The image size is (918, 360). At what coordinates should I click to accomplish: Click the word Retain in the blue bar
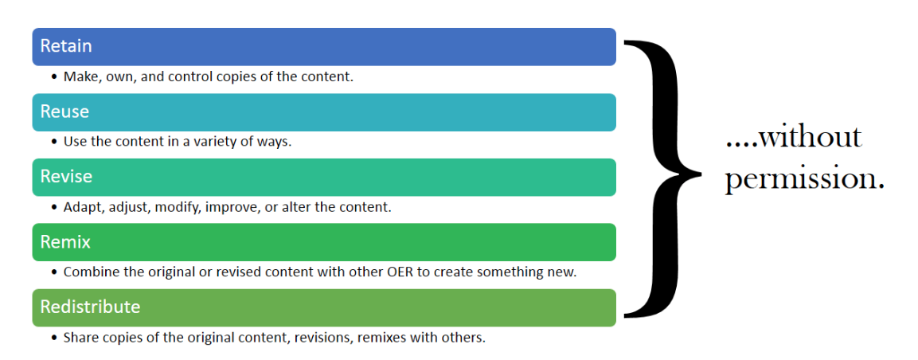coord(66,46)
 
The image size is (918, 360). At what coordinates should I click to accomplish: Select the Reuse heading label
coord(64,112)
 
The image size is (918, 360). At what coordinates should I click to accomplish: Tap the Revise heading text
coord(66,176)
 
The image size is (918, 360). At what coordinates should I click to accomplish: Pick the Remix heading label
coord(65,241)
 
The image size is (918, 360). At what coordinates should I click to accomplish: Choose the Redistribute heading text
coord(90,306)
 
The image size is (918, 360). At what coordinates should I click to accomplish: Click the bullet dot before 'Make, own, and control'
coord(54,76)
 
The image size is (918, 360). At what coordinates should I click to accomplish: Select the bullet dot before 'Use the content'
coord(54,142)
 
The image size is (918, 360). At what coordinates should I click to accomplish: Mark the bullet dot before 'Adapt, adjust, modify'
coord(54,207)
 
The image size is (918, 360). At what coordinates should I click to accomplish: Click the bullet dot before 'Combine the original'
coord(54,272)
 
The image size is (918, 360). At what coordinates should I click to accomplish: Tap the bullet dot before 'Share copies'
coord(54,338)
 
